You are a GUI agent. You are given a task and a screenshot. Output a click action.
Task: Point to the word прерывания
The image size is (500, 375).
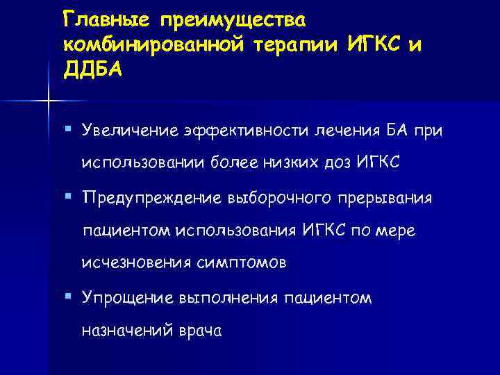(386, 198)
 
